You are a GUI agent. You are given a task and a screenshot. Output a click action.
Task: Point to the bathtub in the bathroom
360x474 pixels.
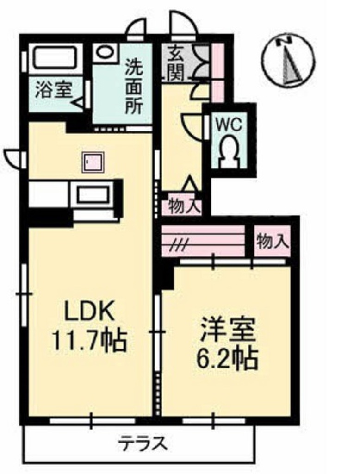click(55, 58)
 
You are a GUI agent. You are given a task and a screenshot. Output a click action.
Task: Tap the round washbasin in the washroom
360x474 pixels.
click(105, 51)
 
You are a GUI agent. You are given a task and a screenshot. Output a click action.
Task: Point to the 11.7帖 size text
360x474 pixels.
click(89, 341)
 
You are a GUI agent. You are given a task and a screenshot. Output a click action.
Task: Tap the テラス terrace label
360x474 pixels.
click(142, 444)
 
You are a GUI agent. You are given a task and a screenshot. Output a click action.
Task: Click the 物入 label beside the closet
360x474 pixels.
click(273, 241)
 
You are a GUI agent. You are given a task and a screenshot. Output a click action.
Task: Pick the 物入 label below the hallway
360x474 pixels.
click(181, 206)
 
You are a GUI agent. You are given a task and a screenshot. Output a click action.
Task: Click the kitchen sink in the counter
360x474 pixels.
click(93, 194)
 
